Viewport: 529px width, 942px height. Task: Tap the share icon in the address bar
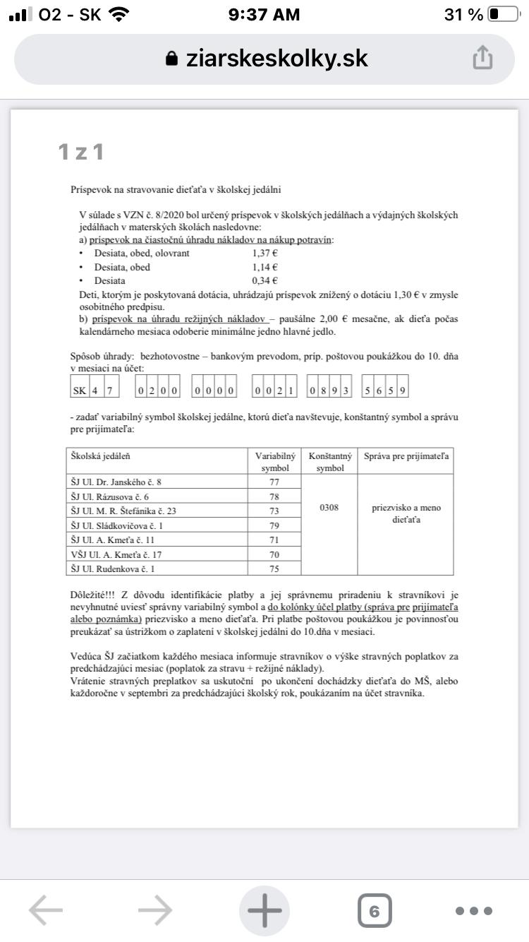[482, 58]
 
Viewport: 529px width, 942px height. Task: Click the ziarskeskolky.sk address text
[276, 58]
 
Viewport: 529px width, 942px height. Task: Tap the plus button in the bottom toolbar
[264, 911]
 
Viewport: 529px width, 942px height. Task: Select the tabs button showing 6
[375, 911]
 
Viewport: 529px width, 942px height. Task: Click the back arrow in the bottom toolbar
[46, 911]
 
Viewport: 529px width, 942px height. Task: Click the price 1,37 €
[264, 253]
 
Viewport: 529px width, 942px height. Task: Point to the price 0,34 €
[264, 280]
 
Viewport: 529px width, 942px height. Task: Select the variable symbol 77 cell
[274, 482]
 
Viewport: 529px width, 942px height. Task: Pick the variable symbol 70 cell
[274, 554]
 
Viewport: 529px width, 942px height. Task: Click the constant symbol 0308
[329, 507]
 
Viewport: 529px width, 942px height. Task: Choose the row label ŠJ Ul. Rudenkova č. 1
[113, 568]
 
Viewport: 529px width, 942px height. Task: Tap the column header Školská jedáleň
[100, 456]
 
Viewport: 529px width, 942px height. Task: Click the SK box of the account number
[79, 390]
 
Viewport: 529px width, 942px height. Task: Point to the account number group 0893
[330, 390]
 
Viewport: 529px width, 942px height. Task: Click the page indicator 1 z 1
[81, 151]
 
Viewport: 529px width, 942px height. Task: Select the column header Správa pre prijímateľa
[406, 456]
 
